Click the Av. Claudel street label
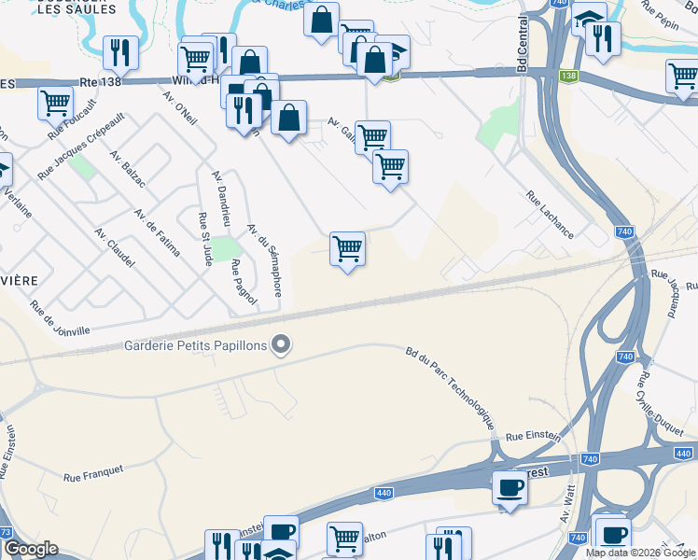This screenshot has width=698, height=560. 115,247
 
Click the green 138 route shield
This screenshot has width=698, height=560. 567,76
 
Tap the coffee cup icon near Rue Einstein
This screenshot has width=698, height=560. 510,487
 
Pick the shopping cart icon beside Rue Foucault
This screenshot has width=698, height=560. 55,101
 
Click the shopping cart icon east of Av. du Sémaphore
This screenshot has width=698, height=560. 347,249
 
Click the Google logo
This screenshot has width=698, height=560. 31,549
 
